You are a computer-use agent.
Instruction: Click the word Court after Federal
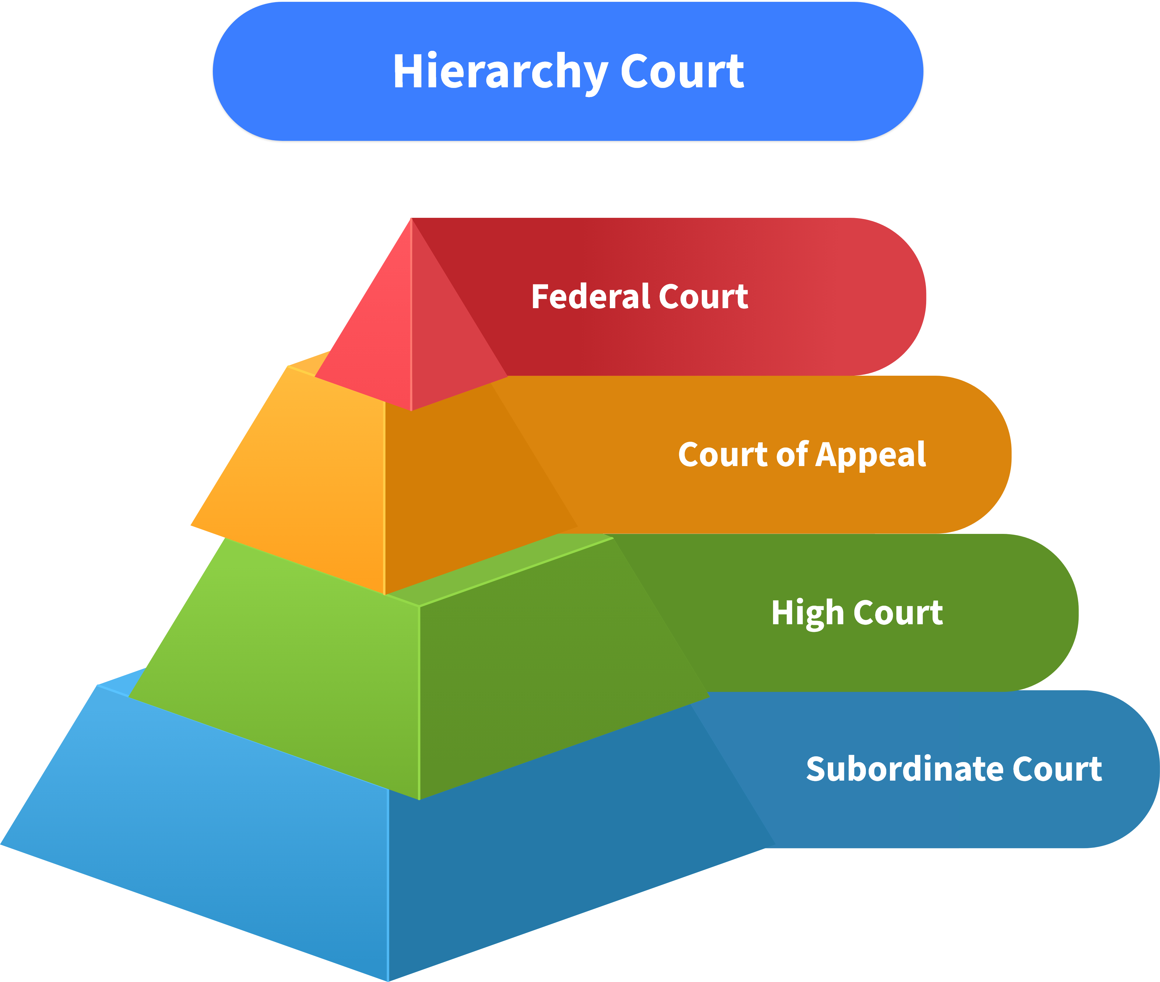[703, 296]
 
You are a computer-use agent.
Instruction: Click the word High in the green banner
[807, 614]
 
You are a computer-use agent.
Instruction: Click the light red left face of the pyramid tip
[373, 345]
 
